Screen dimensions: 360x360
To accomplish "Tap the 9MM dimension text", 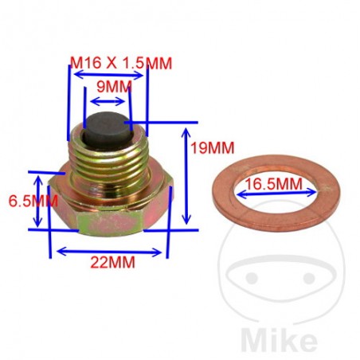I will tap(108, 85).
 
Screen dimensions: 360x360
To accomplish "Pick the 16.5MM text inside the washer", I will tap(274, 185).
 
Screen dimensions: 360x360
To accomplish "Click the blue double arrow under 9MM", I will tap(108, 101).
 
